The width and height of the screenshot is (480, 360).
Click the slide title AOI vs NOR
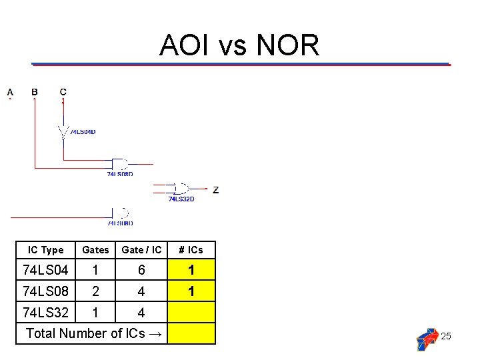pyautogui.click(x=239, y=45)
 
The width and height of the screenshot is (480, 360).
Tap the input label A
pyautogui.click(x=10, y=91)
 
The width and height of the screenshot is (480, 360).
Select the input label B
pyautogui.click(x=35, y=91)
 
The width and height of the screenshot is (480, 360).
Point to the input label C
pyautogui.click(x=63, y=91)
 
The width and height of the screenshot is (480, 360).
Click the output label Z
pyautogui.click(x=215, y=190)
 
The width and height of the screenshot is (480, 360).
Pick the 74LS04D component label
pyautogui.click(x=83, y=132)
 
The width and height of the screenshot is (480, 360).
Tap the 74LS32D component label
pyautogui.click(x=181, y=199)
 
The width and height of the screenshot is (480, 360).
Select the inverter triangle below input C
pyautogui.click(x=63, y=131)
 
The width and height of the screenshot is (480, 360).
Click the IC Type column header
pyautogui.click(x=45, y=250)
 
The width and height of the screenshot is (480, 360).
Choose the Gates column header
pyautogui.click(x=95, y=250)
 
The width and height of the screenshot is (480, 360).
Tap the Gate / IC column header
pyautogui.click(x=141, y=250)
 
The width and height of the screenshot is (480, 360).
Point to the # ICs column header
pyautogui.click(x=191, y=250)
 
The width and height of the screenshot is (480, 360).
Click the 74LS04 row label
pyautogui.click(x=45, y=270)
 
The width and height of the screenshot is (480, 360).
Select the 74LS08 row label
pyautogui.click(x=45, y=291)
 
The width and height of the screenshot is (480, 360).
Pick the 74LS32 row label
pyautogui.click(x=45, y=312)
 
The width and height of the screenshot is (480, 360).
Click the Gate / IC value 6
pyautogui.click(x=141, y=270)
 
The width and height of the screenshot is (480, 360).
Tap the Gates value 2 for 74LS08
pyautogui.click(x=95, y=291)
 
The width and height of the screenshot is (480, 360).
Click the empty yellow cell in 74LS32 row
pyautogui.click(x=191, y=312)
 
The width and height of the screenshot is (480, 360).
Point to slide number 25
pyautogui.click(x=446, y=336)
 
